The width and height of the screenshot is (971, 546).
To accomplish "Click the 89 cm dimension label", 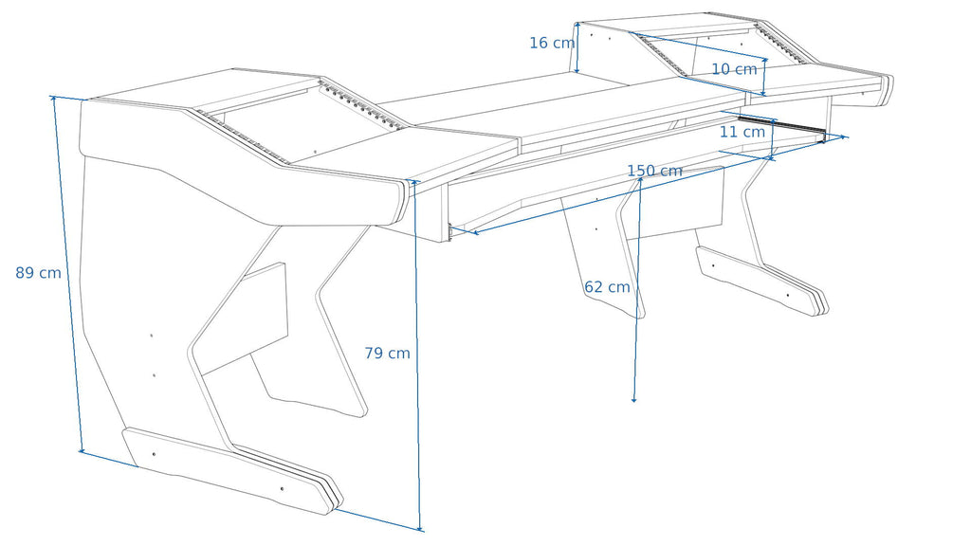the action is coord(38,273).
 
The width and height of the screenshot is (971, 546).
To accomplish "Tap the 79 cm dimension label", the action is coord(387,354).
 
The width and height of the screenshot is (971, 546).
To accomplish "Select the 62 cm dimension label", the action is coord(607,287).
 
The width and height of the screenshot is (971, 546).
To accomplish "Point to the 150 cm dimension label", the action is coord(654,171).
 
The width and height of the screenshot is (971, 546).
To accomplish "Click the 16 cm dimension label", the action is coord(552,43).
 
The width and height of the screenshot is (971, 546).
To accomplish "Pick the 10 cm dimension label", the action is coord(734,69).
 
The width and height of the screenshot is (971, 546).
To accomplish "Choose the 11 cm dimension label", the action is coord(742,132).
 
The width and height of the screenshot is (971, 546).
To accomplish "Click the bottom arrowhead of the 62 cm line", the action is coord(633,400).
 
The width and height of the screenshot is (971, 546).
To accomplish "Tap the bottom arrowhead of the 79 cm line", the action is coord(420,528).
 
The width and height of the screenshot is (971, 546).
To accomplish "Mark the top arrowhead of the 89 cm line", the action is coord(54,99).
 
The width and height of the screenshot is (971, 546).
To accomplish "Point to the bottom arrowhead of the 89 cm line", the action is coord(82,449).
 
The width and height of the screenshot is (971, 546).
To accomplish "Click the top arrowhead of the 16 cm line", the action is coord(577,25).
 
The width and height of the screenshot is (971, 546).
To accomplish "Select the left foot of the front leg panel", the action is coord(232,470).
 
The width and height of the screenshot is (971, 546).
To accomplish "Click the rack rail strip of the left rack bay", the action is coord(243,136).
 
